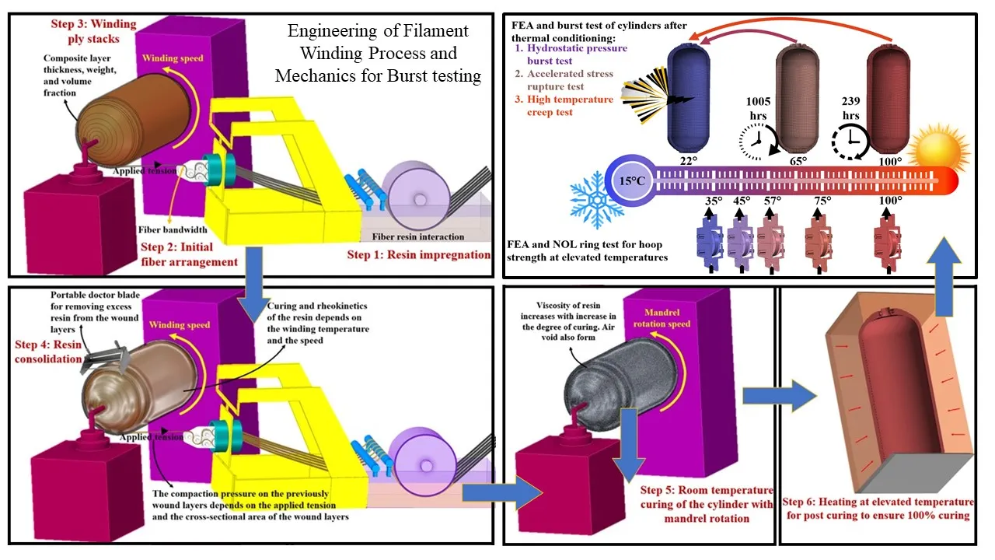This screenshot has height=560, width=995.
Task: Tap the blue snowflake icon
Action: [597, 201]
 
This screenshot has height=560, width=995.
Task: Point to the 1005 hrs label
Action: [758, 108]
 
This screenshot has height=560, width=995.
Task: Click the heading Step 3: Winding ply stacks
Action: [85, 32]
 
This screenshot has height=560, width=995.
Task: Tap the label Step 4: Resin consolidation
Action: [48, 352]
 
